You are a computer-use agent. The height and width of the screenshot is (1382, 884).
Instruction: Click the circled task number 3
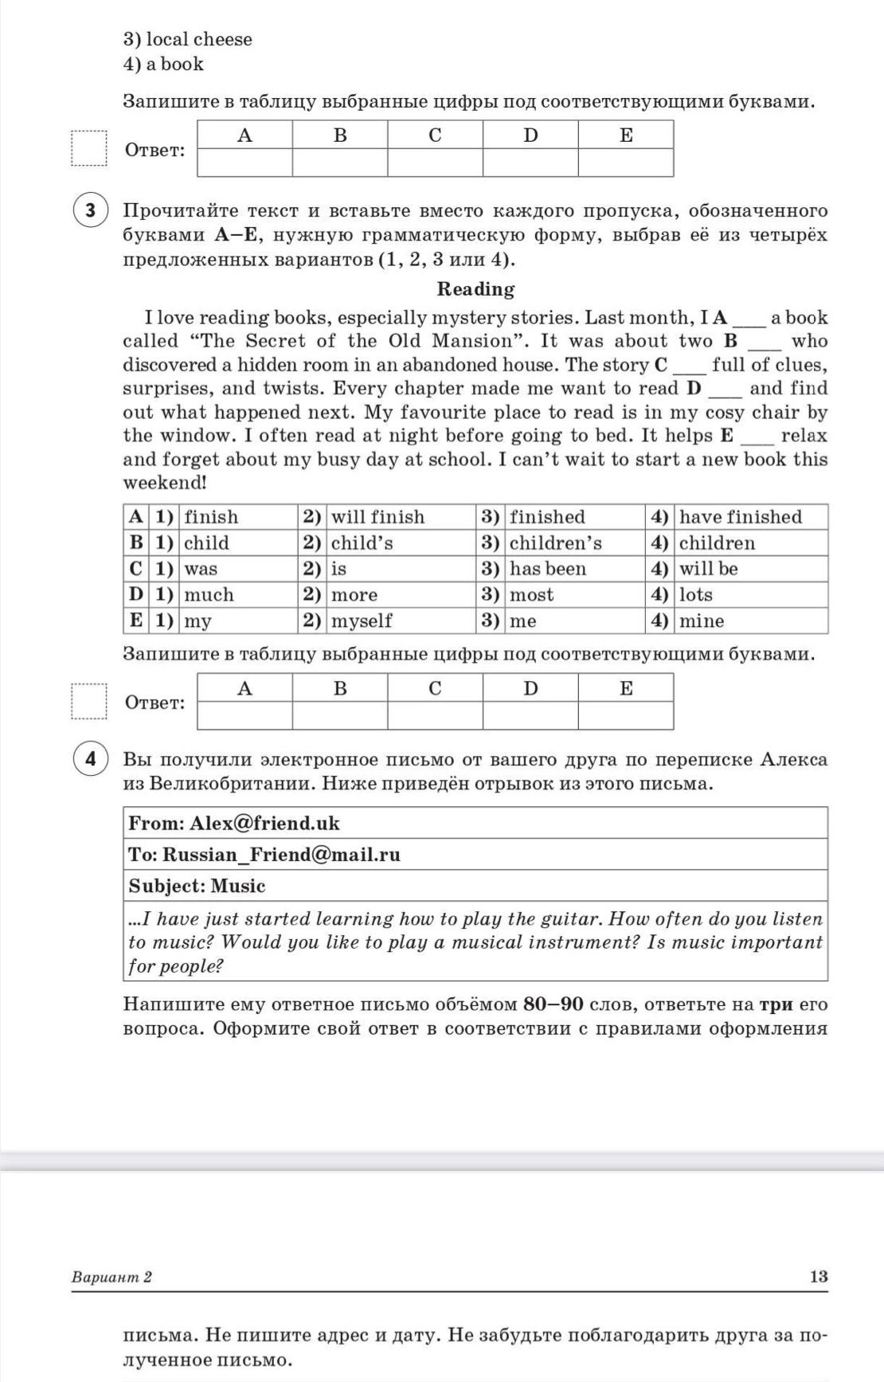[x=90, y=210]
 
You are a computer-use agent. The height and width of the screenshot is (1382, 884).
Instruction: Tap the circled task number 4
[x=90, y=759]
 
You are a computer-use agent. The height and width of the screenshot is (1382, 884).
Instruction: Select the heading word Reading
[x=475, y=289]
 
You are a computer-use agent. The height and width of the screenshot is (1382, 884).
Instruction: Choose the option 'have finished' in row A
[x=740, y=517]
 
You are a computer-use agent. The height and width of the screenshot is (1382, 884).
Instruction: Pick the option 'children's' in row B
[x=555, y=543]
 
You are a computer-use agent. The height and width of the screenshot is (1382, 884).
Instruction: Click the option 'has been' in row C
[x=547, y=569]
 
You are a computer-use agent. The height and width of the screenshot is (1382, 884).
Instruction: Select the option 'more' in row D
[x=354, y=595]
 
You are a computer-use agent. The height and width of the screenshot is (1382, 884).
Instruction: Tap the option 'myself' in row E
[x=362, y=621]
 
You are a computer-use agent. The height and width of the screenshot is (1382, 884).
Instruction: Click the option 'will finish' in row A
[x=377, y=517]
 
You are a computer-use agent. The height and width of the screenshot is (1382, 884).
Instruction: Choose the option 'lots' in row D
[x=695, y=595]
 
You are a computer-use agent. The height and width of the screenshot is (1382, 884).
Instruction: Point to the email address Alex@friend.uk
[x=264, y=823]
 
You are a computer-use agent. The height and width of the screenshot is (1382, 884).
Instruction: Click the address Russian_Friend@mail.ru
[x=281, y=855]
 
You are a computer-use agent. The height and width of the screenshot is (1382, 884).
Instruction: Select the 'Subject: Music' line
[x=197, y=886]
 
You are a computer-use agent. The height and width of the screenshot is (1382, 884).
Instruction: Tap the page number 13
[x=819, y=1276]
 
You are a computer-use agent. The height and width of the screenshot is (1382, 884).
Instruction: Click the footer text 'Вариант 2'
[x=111, y=1277]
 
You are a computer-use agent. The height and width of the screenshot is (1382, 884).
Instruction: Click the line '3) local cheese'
[x=187, y=39]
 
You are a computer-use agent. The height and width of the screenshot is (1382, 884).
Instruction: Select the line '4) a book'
[x=163, y=64]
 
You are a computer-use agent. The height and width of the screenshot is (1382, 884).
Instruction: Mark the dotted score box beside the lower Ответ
[x=88, y=702]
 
